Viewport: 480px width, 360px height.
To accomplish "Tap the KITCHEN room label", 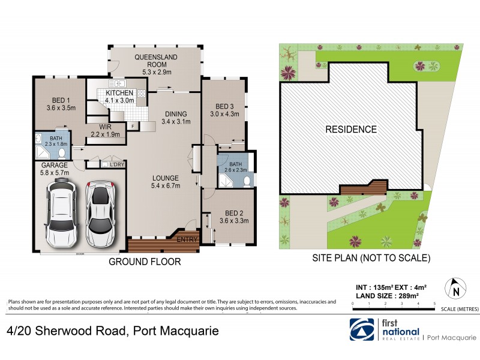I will pyautogui.click(x=119, y=94).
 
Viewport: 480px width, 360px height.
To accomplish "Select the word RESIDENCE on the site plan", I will pyautogui.click(x=351, y=129).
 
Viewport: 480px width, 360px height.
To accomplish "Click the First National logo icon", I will pyautogui.click(x=362, y=330).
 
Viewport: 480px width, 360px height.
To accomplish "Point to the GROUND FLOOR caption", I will pyautogui.click(x=145, y=262).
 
